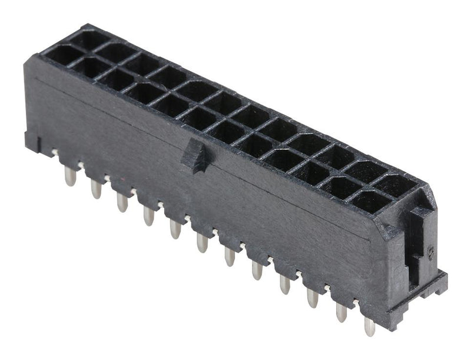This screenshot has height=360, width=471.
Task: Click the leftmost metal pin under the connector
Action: (x=70, y=175)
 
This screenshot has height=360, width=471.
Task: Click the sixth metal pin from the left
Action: (x=202, y=242)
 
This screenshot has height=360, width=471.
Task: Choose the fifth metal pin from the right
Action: (x=257, y=269)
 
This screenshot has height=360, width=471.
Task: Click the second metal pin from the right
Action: (x=341, y=312)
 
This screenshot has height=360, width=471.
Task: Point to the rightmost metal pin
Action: (x=369, y=326)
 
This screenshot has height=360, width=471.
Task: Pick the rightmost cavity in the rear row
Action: (x=398, y=186)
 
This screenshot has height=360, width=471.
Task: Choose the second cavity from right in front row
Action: (x=340, y=187)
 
